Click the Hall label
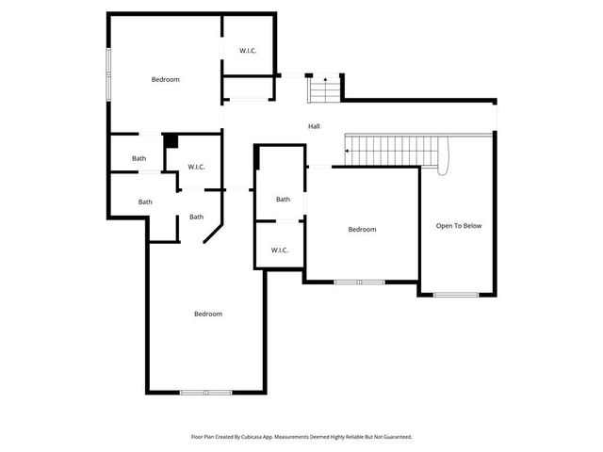[x=314, y=126]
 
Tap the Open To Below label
[x=458, y=226]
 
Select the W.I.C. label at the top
[x=249, y=50]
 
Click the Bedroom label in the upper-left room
[x=166, y=79]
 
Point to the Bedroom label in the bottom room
[x=208, y=314]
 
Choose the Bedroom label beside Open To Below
[x=362, y=230]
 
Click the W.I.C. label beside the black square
[x=196, y=167]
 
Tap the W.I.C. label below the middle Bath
[x=280, y=250]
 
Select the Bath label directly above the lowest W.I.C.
[x=283, y=199]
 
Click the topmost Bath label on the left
[x=139, y=159]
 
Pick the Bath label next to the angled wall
[x=196, y=218]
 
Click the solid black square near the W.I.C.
[x=171, y=141]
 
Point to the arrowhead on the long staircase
[x=347, y=151]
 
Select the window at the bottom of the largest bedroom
[x=206, y=392]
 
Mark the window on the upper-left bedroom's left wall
[x=109, y=72]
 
